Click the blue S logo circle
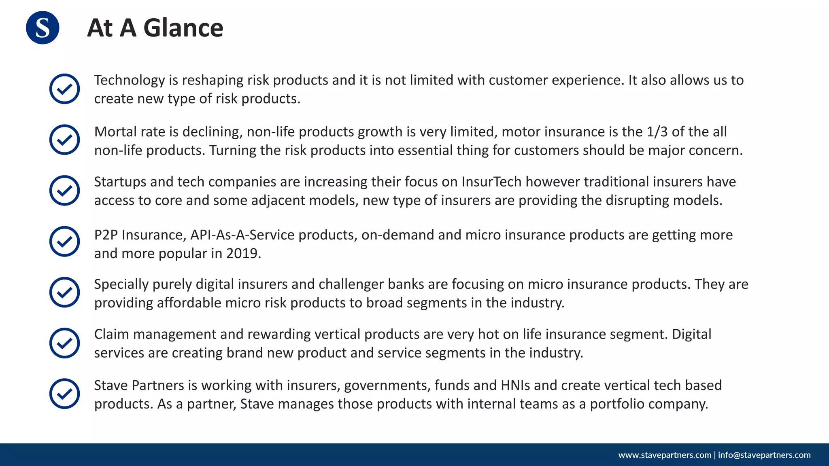(43, 28)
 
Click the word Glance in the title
(183, 28)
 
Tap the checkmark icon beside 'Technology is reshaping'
(64, 89)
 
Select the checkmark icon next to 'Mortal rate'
(64, 140)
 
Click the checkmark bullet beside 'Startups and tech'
(64, 190)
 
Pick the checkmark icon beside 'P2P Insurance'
(64, 241)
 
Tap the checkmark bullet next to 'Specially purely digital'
(64, 292)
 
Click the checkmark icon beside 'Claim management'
(64, 343)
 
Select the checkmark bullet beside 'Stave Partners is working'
(64, 394)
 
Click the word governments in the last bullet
(387, 386)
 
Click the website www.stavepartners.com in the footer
(665, 455)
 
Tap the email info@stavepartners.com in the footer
(764, 455)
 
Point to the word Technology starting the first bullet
(130, 80)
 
